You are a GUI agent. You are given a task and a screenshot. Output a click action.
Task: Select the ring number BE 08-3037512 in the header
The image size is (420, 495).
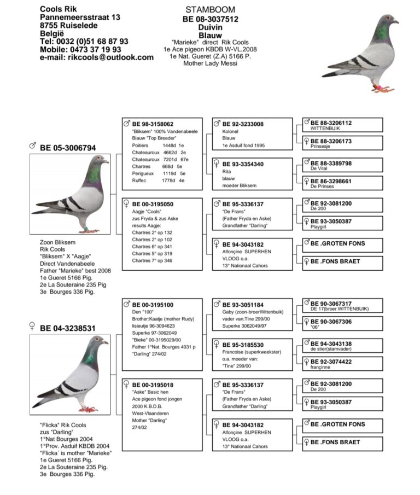click(211, 19)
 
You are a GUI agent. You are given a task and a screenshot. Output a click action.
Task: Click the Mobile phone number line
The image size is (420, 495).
click(80, 49)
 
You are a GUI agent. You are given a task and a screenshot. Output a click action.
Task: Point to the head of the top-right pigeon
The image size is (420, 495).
click(388, 21)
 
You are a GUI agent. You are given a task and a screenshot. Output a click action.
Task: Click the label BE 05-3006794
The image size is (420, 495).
click(67, 148)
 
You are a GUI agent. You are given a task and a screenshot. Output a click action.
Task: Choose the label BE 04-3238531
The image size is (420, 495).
click(67, 328)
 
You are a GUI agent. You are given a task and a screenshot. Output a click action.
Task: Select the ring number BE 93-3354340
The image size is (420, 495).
click(243, 164)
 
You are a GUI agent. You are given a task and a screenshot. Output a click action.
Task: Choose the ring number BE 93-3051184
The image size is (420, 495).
click(243, 305)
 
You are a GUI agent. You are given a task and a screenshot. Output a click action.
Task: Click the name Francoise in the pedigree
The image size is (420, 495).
click(234, 353)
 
